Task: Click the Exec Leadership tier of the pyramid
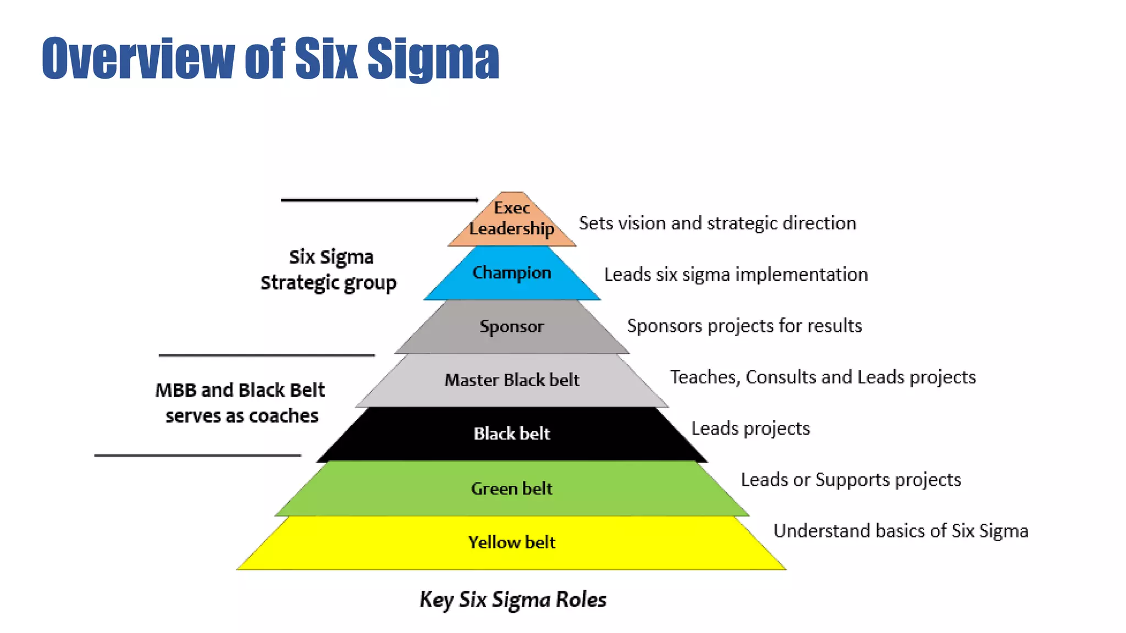point(512,219)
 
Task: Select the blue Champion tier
point(512,273)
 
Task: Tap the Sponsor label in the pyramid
point(512,326)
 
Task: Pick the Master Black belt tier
point(512,380)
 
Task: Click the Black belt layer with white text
point(512,434)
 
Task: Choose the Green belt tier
point(512,488)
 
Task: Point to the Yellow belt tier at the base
point(512,542)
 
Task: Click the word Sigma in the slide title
point(433,59)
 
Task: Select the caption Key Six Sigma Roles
point(513,599)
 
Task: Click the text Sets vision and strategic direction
point(717,223)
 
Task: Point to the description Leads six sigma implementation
point(736,274)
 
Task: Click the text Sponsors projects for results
point(744,326)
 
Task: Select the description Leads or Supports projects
point(851,480)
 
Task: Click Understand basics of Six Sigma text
point(901,531)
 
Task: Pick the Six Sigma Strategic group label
point(329,270)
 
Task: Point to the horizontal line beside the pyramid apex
point(379,200)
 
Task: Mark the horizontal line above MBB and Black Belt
point(267,356)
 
